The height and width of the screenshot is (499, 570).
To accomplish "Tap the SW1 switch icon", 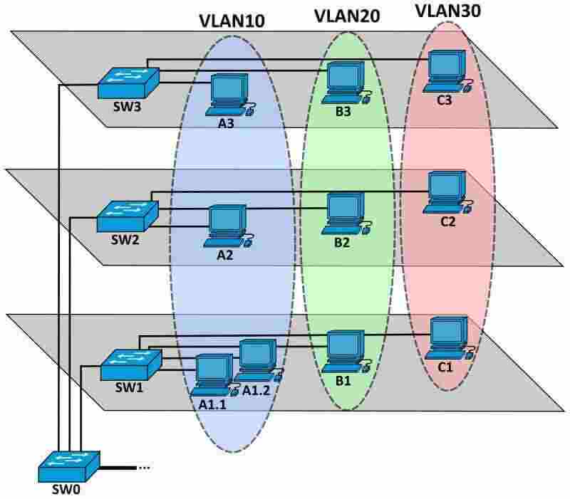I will (x=130, y=364).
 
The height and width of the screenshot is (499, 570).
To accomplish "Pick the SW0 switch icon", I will (x=68, y=466).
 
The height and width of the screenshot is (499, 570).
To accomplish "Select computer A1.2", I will (x=257, y=359).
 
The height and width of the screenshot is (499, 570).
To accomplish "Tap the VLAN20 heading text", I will (x=346, y=16).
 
